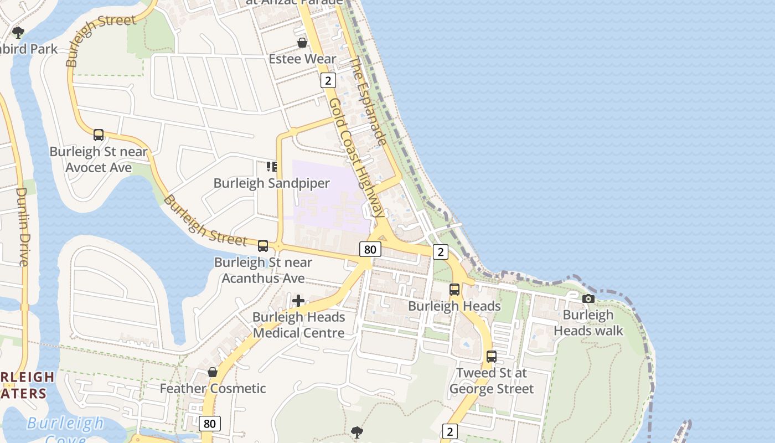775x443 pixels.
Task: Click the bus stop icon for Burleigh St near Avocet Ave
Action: (x=99, y=135)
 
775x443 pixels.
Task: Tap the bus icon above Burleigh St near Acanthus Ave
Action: (x=263, y=246)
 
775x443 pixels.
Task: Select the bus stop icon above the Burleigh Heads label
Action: (x=454, y=290)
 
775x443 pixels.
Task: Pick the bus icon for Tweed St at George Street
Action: (x=491, y=357)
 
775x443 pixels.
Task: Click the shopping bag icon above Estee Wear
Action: (x=302, y=43)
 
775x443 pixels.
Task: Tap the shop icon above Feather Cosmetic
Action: (x=213, y=372)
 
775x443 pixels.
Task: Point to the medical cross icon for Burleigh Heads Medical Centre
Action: (x=298, y=301)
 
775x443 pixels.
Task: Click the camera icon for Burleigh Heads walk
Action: (x=588, y=299)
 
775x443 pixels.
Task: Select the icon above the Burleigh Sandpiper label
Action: (x=271, y=167)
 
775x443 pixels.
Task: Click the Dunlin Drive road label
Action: (x=22, y=226)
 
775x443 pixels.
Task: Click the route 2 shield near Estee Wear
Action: (x=328, y=81)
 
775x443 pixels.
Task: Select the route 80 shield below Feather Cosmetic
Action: (x=209, y=424)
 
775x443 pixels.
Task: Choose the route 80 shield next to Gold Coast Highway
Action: (x=370, y=249)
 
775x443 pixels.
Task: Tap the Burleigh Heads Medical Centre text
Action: (x=299, y=325)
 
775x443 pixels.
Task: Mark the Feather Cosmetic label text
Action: (x=213, y=389)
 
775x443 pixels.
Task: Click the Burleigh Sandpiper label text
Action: (x=272, y=183)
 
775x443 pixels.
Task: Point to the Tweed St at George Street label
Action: (x=492, y=381)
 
